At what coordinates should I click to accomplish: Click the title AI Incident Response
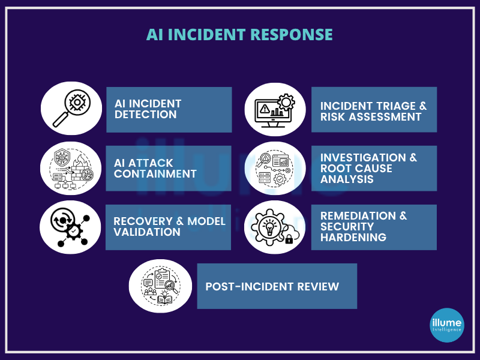pyautogui.click(x=239, y=34)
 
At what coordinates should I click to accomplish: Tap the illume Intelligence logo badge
pyautogui.click(x=447, y=325)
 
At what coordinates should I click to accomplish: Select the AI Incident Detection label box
pyautogui.click(x=169, y=110)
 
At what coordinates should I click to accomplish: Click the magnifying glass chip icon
pyautogui.click(x=71, y=109)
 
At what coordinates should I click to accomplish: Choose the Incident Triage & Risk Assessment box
pyautogui.click(x=374, y=110)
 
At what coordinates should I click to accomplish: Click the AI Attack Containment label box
pyautogui.click(x=169, y=169)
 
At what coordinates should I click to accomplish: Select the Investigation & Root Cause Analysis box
pyautogui.click(x=374, y=169)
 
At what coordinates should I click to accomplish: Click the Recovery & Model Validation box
pyautogui.click(x=169, y=227)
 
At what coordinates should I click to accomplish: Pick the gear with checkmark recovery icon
pyautogui.click(x=70, y=227)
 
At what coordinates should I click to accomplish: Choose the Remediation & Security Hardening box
pyautogui.click(x=374, y=227)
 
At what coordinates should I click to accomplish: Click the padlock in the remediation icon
pyautogui.click(x=289, y=239)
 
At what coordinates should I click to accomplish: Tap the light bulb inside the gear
pyautogui.click(x=269, y=227)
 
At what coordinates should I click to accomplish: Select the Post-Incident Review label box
pyautogui.click(x=277, y=286)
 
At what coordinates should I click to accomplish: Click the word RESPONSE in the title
pyautogui.click(x=292, y=34)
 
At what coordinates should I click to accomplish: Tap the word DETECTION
pyautogui.click(x=146, y=115)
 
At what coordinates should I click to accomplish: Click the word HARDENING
pyautogui.click(x=353, y=237)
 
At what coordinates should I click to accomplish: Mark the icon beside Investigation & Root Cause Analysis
pyautogui.click(x=275, y=169)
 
